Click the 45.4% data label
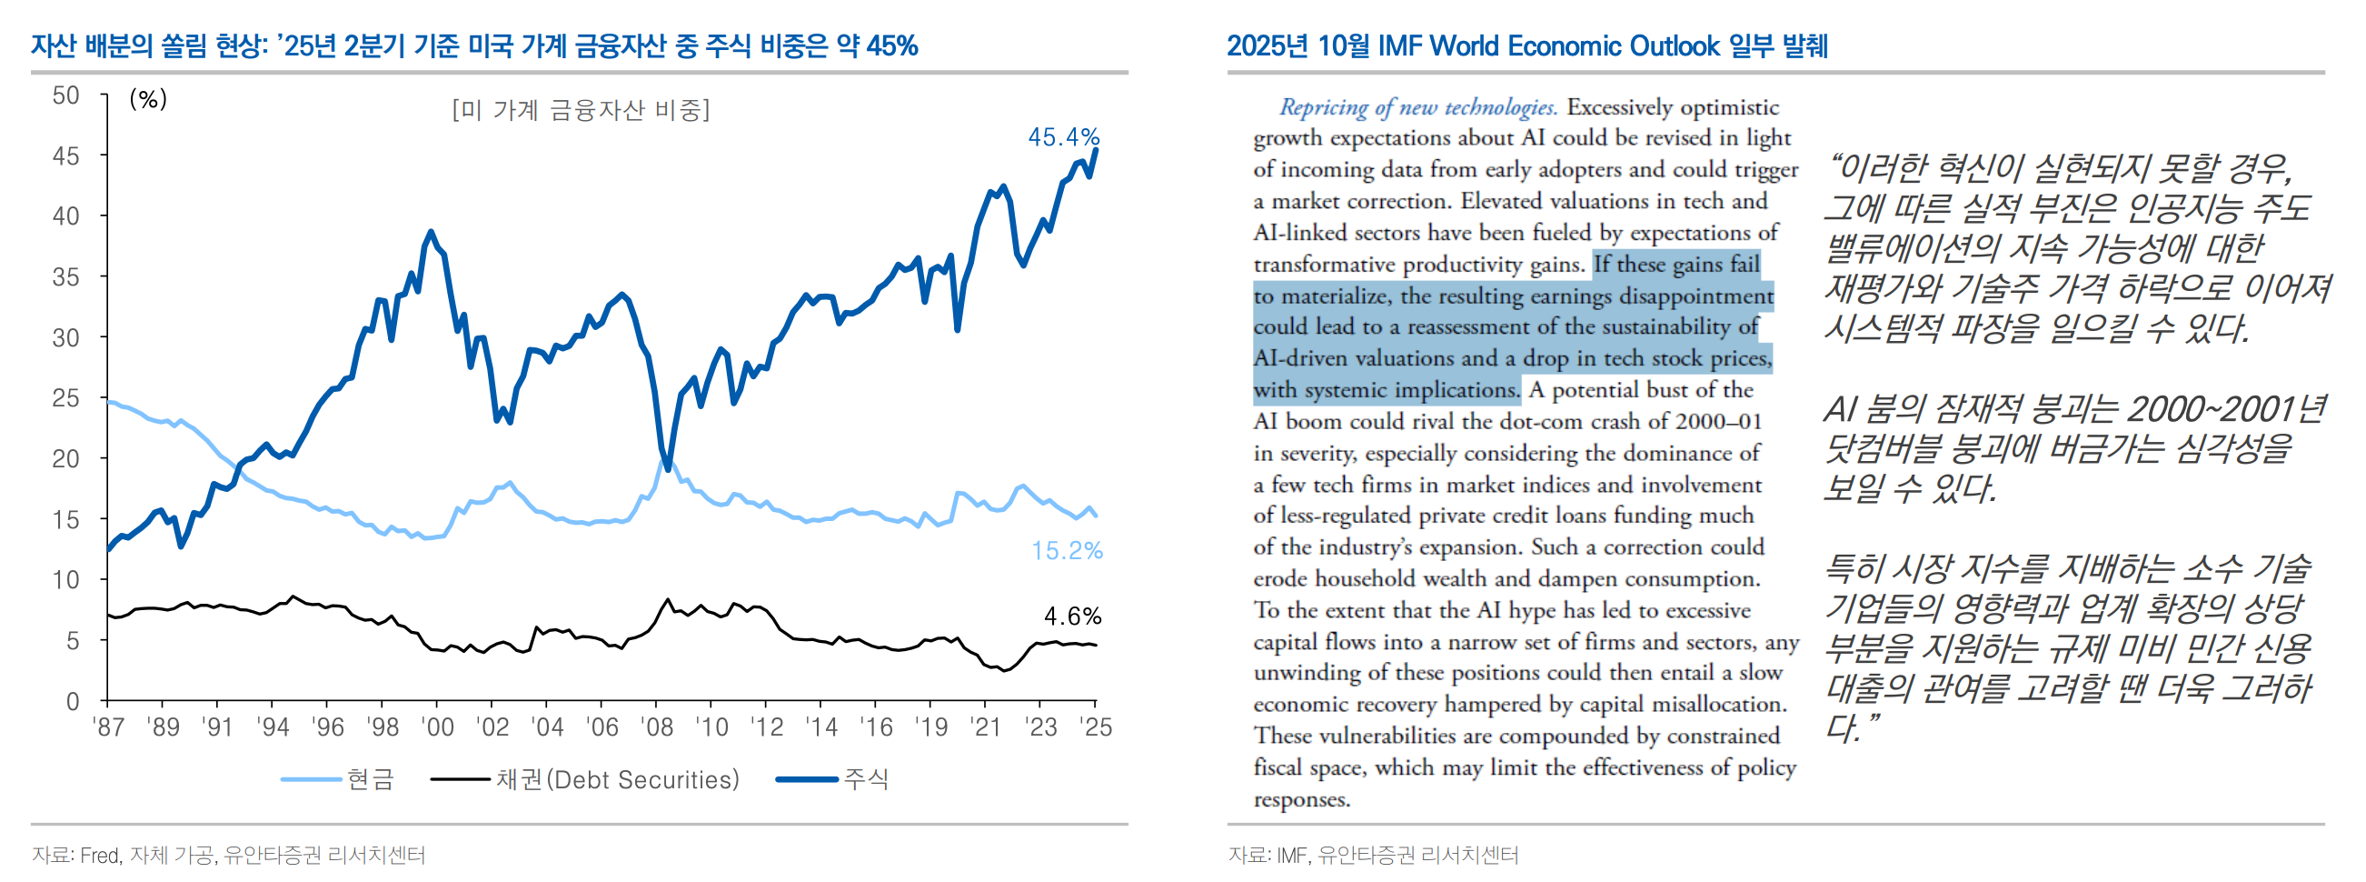(x=1063, y=137)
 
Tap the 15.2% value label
(x=1067, y=550)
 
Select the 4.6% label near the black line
(x=1072, y=616)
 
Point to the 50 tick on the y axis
(x=65, y=95)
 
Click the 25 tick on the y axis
(x=65, y=398)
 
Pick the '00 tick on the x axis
(x=437, y=727)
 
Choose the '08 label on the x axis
(x=657, y=727)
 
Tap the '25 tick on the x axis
(x=1095, y=727)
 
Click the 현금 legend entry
(x=370, y=779)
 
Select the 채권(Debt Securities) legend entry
(x=617, y=779)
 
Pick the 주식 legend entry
(x=865, y=779)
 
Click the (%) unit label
(x=148, y=98)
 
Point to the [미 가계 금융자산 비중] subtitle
(x=581, y=110)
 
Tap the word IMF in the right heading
(x=1400, y=46)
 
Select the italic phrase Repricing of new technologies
(x=1418, y=107)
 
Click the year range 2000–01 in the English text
(x=1718, y=422)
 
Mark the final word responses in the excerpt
(x=1301, y=799)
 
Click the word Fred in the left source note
(x=99, y=856)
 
